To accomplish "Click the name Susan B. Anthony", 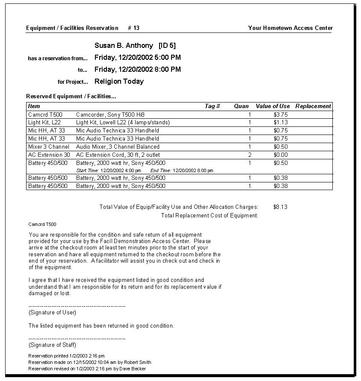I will coord(124,46).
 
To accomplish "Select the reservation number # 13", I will coord(133,28).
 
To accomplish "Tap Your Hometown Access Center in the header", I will coord(290,28).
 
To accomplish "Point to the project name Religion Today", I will coord(119,82).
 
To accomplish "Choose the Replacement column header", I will coord(313,106).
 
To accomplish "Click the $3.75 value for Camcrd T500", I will coord(281,114).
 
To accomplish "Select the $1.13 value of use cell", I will coord(281,123).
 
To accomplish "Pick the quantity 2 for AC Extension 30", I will coord(250,155).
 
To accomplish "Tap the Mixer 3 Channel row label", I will coord(48,147).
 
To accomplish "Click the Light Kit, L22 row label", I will coord(44,123).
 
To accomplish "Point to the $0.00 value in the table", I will coord(281,155).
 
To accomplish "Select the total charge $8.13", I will coord(280,207).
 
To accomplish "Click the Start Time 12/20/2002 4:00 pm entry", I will coord(108,170).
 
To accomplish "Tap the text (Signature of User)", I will coord(52,313).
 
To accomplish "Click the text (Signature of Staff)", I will coord(52,345).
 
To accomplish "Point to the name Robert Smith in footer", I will coord(138,362).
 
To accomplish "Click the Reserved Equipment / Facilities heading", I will coord(71,97).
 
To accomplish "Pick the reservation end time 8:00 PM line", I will coord(137,70).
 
